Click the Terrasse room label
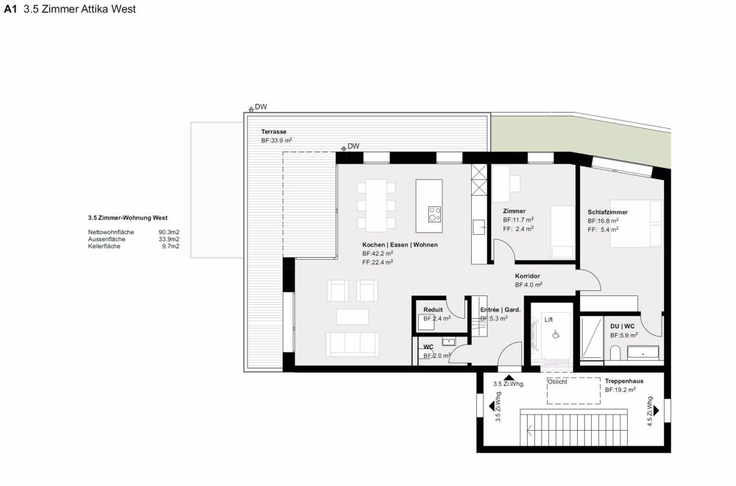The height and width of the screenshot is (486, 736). pyautogui.click(x=274, y=132)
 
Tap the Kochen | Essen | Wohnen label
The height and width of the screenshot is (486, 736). pyautogui.click(x=400, y=244)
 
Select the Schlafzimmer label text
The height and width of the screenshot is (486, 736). pyautogui.click(x=607, y=212)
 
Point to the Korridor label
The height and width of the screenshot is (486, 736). pyautogui.click(x=527, y=276)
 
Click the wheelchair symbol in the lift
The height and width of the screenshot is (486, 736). pyautogui.click(x=556, y=334)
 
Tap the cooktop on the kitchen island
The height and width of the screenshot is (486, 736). pyautogui.click(x=434, y=214)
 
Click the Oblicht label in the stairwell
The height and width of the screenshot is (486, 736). pyautogui.click(x=557, y=381)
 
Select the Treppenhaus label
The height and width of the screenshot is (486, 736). pyautogui.click(x=624, y=381)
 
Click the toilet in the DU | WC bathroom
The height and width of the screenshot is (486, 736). pyautogui.click(x=615, y=353)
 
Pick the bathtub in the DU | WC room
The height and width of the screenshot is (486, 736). pyautogui.click(x=643, y=353)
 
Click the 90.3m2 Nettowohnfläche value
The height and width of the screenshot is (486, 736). pyautogui.click(x=169, y=232)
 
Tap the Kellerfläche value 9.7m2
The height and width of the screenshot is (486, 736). pyautogui.click(x=171, y=246)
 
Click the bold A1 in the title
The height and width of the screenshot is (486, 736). pyautogui.click(x=10, y=9)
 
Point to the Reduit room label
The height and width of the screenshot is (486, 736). pyautogui.click(x=433, y=310)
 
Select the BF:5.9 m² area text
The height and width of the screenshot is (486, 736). pyautogui.click(x=624, y=335)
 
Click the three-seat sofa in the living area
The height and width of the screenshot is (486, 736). pyautogui.click(x=353, y=344)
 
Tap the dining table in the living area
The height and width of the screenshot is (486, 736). pyautogui.click(x=376, y=205)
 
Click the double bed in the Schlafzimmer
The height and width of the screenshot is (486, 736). pyautogui.click(x=636, y=224)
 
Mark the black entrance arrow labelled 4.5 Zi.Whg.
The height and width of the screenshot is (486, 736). pyautogui.click(x=656, y=410)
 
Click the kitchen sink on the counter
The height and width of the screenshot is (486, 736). pyautogui.click(x=479, y=228)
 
